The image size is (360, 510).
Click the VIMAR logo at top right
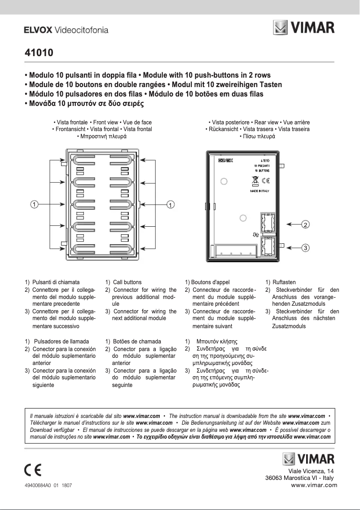coord(304,29)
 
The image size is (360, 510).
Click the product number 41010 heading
coord(39,53)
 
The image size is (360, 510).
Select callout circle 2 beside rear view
coord(305,224)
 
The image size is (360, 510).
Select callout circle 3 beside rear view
coord(305,247)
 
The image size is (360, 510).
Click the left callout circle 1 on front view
coord(34,204)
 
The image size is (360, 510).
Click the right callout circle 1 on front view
coord(171,204)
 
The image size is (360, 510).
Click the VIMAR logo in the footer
coord(308,459)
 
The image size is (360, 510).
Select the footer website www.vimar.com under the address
coord(314,485)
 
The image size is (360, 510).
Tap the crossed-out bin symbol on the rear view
coord(254,181)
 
